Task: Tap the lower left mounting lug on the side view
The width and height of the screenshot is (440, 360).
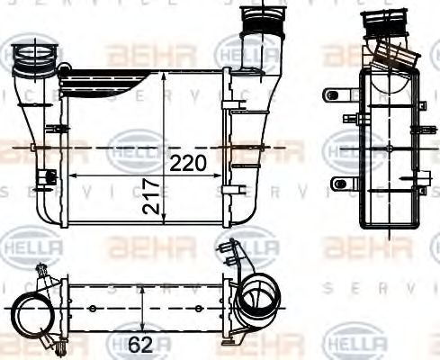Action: point(338,184)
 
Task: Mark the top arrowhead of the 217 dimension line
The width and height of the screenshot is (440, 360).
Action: point(163,76)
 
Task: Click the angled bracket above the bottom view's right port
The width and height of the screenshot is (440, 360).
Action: point(236,254)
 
